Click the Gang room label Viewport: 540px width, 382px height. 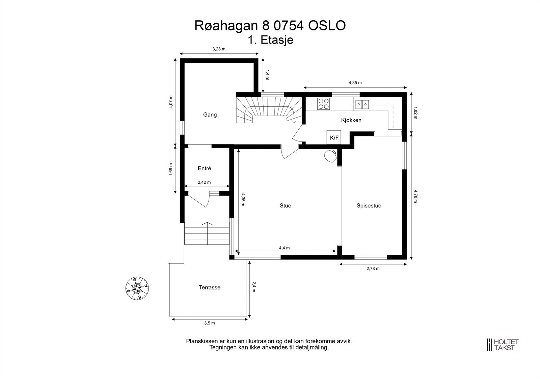click(x=210, y=114)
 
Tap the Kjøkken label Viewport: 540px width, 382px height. click(x=351, y=120)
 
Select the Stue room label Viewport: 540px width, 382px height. click(x=285, y=206)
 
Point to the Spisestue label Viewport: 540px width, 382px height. click(x=369, y=206)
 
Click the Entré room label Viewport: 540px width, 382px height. click(x=205, y=168)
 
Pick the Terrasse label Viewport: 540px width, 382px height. click(x=210, y=287)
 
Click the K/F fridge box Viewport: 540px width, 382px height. click(x=334, y=137)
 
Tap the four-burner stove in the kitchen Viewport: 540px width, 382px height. click(x=324, y=104)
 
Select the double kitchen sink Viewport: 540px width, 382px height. click(x=361, y=104)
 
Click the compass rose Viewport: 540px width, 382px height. click(x=137, y=288)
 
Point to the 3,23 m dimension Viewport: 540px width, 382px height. click(x=219, y=49)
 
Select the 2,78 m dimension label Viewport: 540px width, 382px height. click(x=373, y=269)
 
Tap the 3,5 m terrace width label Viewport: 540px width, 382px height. click(x=210, y=323)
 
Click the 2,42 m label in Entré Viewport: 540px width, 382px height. click(x=204, y=182)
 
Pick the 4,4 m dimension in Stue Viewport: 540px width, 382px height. click(x=284, y=248)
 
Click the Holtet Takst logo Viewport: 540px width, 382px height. click(x=503, y=345)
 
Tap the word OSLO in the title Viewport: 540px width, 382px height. click(x=327, y=26)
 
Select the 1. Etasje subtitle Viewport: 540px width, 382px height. click(x=270, y=40)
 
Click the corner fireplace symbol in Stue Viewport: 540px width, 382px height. click(x=330, y=156)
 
